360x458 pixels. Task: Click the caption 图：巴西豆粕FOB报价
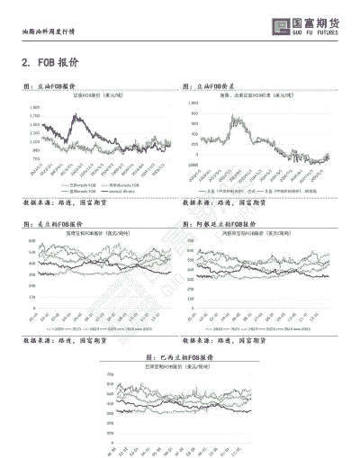click(x=138, y=357)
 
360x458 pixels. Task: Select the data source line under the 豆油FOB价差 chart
click(x=224, y=204)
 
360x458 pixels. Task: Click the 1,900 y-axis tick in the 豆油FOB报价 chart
click(x=34, y=105)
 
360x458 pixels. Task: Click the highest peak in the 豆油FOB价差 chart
click(x=236, y=116)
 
